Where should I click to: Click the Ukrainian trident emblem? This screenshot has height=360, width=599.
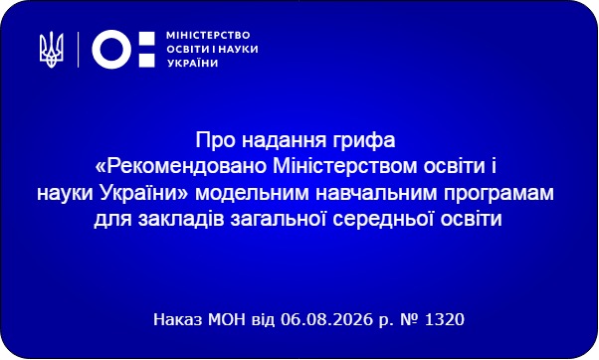[51, 50]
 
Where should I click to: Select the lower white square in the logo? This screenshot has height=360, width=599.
[146, 60]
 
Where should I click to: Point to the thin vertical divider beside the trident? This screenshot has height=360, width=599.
[79, 50]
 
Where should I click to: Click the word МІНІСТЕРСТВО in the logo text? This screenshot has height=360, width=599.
[208, 36]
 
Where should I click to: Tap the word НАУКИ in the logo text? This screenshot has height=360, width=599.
[240, 50]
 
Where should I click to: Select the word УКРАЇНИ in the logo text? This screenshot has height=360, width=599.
[193, 63]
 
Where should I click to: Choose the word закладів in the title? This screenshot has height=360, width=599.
[181, 220]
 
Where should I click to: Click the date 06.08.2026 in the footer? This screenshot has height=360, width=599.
[326, 319]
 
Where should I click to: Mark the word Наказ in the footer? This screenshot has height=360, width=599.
[178, 319]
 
